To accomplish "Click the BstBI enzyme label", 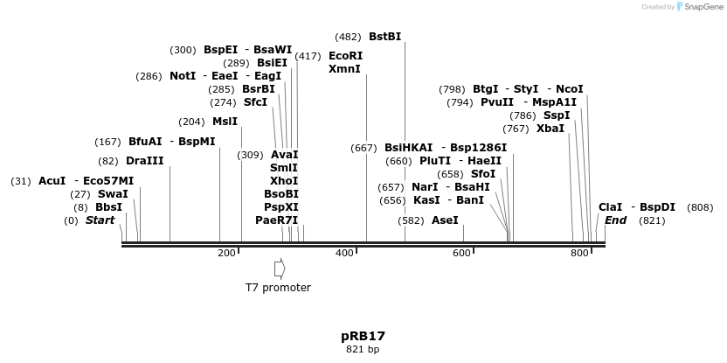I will tap(384, 37).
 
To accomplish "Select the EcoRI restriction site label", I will tap(345, 56).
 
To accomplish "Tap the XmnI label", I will tap(344, 69).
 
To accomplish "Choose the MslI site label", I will tap(225, 122).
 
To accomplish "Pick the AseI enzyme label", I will tap(445, 220).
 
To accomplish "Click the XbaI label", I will tap(550, 129).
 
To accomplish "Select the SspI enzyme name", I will tap(557, 115).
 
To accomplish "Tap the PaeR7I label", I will tap(277, 220).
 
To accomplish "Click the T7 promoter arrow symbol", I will tap(280, 269).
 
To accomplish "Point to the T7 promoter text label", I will tap(278, 287).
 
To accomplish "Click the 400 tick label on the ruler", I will tap(344, 254).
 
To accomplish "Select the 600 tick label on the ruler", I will tap(461, 254).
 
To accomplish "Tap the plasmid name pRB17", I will tap(363, 336).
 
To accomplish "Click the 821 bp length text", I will tap(363, 350).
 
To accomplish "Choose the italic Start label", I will tap(100, 220).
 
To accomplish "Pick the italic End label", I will tap(615, 220).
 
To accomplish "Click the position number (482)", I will tap(348, 37).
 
